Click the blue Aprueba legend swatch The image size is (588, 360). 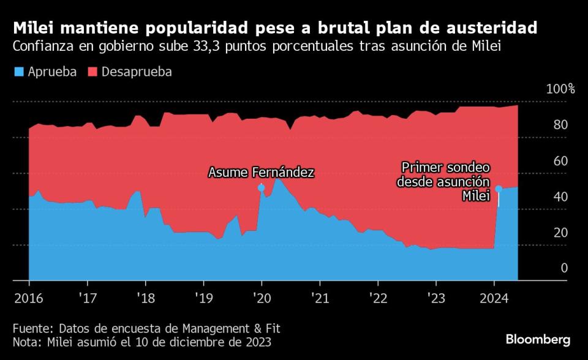point(18,72)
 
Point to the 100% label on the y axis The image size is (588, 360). point(560,89)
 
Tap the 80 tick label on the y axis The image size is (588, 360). point(560,125)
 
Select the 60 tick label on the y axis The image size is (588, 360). point(560,161)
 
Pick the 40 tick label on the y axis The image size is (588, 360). point(560,197)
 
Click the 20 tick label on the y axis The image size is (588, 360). point(560,233)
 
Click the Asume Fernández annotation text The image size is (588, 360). point(262,173)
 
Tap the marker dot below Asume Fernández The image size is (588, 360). point(262,188)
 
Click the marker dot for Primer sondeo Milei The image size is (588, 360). point(499,189)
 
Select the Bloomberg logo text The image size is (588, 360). point(538,339)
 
